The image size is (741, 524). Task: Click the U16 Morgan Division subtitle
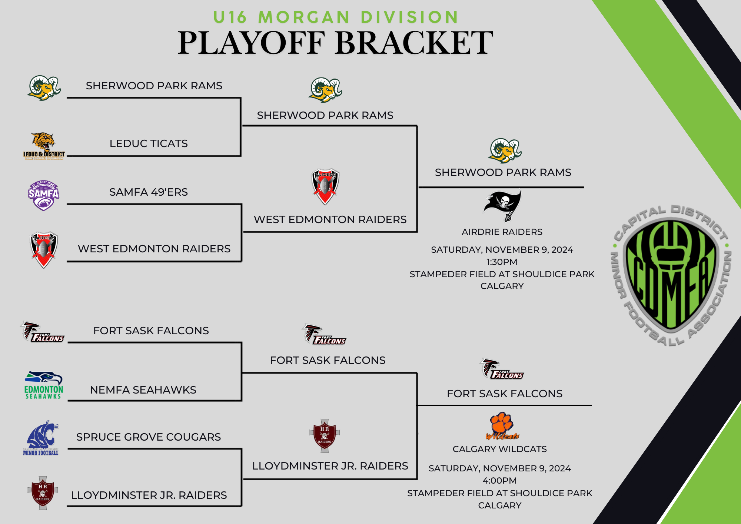click(x=336, y=17)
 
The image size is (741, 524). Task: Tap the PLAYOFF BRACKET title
click(x=335, y=43)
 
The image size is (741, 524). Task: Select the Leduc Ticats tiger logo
click(x=44, y=145)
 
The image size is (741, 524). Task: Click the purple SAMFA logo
click(x=43, y=195)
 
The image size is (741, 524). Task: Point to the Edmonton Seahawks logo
click(x=43, y=385)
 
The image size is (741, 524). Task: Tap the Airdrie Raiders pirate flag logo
click(x=503, y=205)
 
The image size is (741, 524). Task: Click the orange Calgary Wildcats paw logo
click(x=502, y=426)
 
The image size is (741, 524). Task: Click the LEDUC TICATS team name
click(x=149, y=143)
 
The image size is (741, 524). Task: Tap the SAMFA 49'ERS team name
click(x=149, y=192)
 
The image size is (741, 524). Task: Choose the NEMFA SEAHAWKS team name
click(x=143, y=390)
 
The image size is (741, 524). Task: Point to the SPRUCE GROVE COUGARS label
click(x=148, y=437)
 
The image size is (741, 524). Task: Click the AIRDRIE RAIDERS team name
click(x=502, y=232)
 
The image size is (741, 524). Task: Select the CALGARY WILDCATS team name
click(x=499, y=449)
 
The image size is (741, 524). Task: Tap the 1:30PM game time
click(x=502, y=262)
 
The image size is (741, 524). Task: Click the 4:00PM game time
click(x=499, y=481)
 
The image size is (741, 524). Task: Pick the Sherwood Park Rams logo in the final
click(x=504, y=150)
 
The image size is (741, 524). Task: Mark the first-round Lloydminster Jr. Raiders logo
click(x=43, y=493)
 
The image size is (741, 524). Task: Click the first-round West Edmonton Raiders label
click(x=154, y=249)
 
